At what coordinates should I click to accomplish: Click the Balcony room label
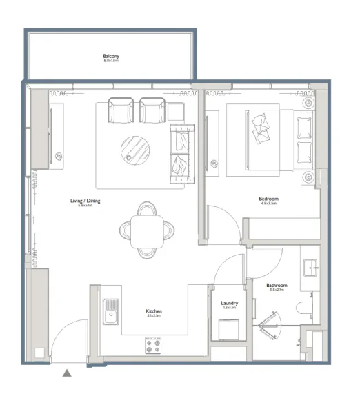(111, 56)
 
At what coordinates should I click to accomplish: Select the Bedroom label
(269, 199)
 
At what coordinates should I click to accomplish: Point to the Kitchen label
(153, 311)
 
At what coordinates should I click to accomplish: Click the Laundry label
(230, 303)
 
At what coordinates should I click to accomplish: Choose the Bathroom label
(277, 285)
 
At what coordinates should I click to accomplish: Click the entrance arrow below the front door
(67, 373)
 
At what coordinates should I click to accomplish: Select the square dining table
(147, 228)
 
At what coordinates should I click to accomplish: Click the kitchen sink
(110, 313)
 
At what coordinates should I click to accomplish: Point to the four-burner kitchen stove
(153, 344)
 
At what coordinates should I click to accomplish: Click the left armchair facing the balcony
(121, 110)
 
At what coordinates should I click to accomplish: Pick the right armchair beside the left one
(152, 110)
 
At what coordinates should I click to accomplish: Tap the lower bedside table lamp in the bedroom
(308, 177)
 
